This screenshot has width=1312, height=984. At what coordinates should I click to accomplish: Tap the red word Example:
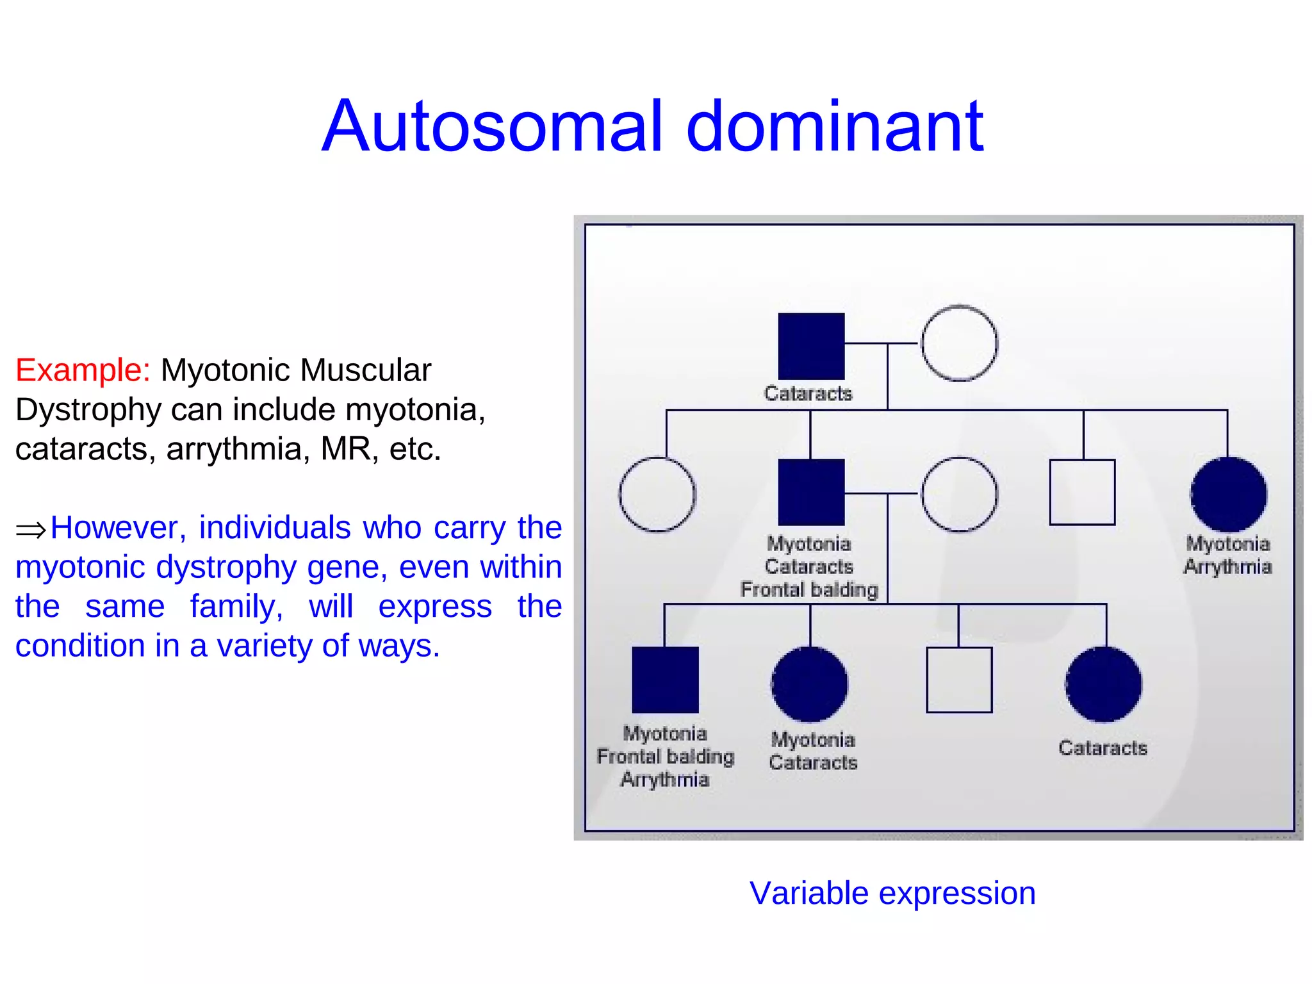coord(83,370)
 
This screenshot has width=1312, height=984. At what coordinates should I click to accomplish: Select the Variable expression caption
coord(892,893)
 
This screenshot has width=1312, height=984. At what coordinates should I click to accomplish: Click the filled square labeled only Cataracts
coord(811,346)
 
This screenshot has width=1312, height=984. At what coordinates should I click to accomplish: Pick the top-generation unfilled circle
coord(959,343)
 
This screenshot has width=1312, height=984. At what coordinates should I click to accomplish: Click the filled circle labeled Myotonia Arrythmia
coord(1228,494)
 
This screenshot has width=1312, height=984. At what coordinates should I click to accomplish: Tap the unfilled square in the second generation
coord(1082,492)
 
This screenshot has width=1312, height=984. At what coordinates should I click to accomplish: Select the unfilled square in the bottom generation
coord(959,680)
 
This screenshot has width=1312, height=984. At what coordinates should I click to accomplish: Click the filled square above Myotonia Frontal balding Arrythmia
coord(665,680)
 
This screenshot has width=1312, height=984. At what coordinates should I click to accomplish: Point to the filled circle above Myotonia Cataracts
coord(810,684)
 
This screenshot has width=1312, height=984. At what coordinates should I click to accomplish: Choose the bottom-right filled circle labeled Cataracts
coord(1103,684)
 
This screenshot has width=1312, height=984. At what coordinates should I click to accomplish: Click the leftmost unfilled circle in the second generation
coord(657,494)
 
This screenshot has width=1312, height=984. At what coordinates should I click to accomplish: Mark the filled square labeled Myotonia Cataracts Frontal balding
coord(811,492)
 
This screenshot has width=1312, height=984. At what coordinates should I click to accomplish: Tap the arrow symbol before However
coord(31,530)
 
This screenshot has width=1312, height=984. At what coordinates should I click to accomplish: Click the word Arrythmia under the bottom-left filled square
coord(665,780)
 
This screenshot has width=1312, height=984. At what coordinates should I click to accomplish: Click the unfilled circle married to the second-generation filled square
coord(959,494)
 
